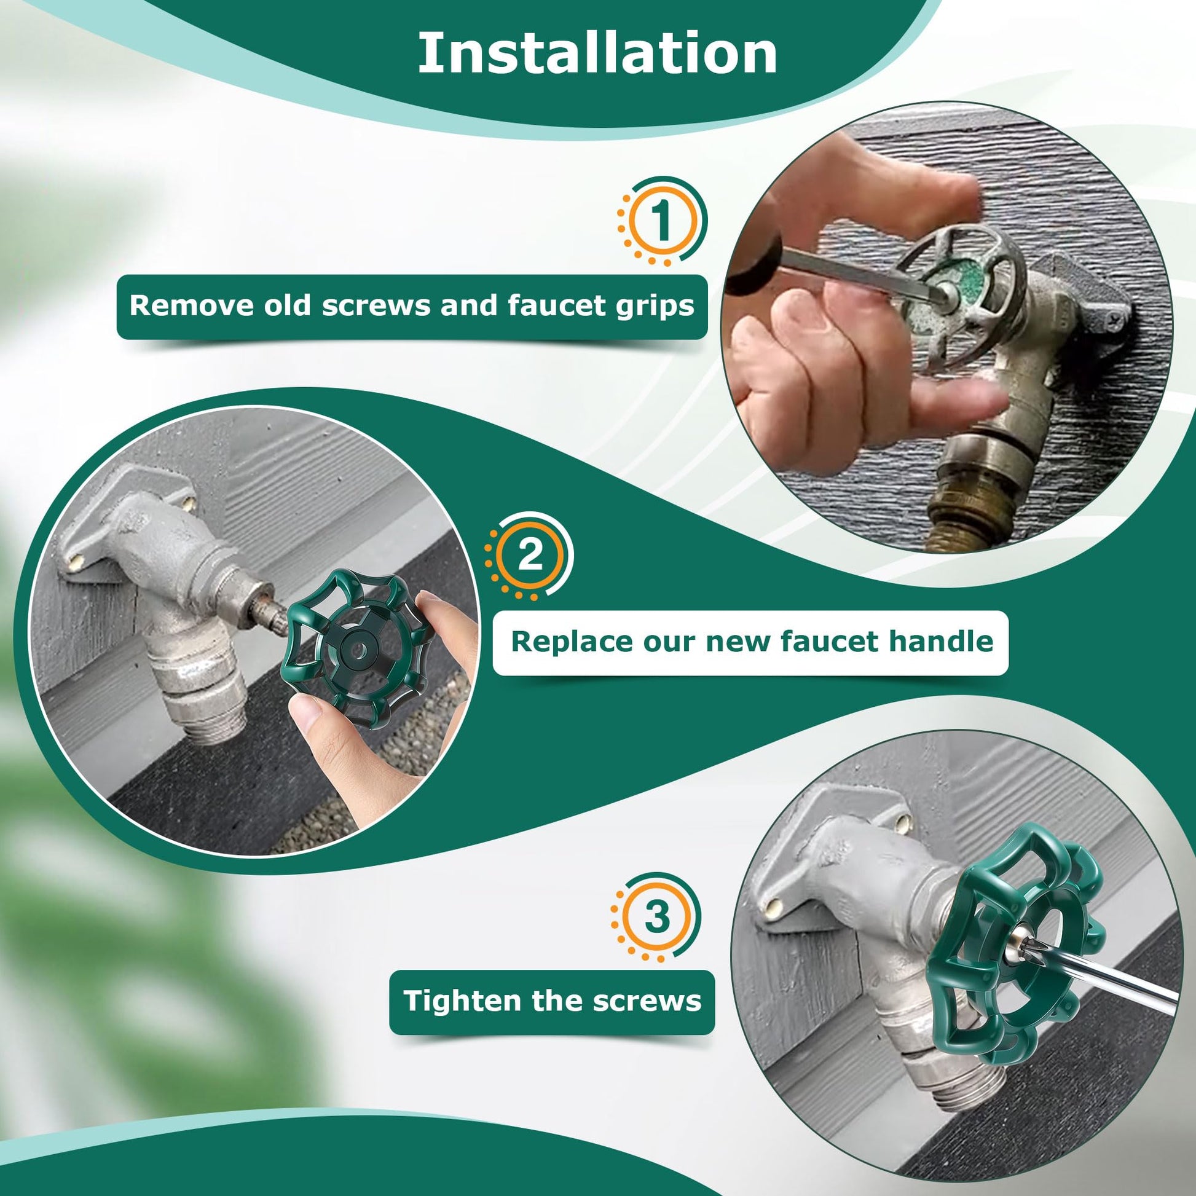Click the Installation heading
coord(597,53)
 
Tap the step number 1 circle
coord(662,221)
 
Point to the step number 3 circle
coord(656,917)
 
